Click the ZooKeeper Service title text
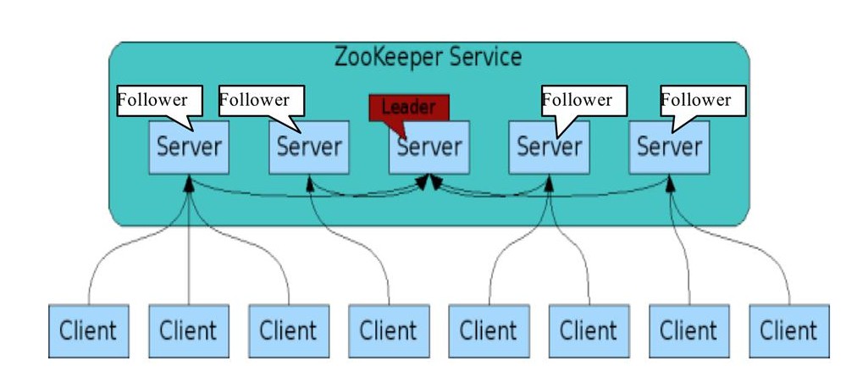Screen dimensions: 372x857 coord(428,58)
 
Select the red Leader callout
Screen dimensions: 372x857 coord(408,108)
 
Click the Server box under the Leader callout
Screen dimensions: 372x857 coord(428,147)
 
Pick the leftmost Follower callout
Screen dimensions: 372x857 coord(158,100)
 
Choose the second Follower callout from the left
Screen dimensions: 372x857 coord(260,100)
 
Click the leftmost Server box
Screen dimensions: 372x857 coord(188,147)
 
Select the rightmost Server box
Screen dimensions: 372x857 coord(669,147)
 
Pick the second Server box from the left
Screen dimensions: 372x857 coord(308,147)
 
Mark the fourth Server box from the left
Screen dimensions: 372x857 coord(549,147)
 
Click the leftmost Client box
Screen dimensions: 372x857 coord(88,329)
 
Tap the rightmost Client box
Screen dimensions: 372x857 coord(788,329)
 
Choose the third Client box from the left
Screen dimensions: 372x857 coord(288,329)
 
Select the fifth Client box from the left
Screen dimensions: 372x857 coord(488,329)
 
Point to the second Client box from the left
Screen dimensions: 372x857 coord(188,329)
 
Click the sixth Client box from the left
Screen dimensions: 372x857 coord(588,329)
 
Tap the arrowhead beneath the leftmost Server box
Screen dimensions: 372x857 coord(189,180)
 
